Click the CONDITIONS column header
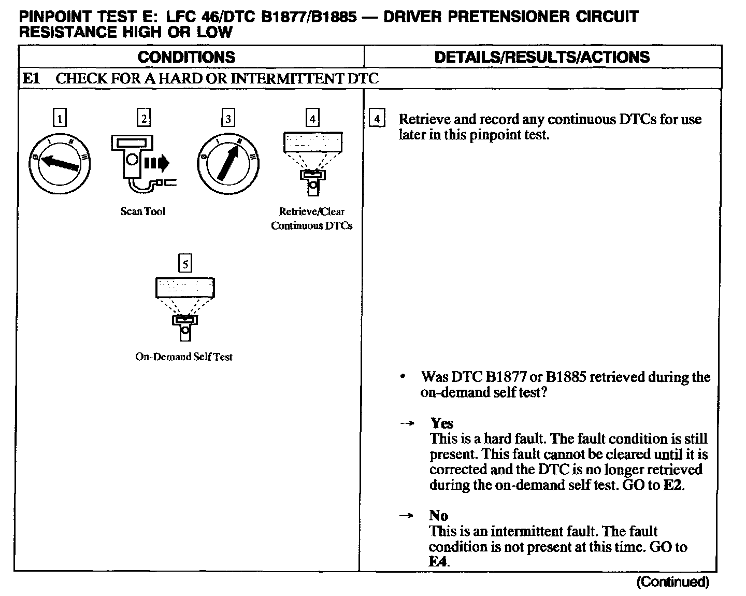tap(187, 57)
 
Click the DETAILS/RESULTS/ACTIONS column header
tap(542, 57)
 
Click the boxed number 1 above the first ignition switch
tap(60, 119)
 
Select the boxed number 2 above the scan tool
tap(144, 119)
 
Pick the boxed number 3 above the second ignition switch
tap(228, 119)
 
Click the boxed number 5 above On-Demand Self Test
tap(185, 264)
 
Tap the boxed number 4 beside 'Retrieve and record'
tap(377, 119)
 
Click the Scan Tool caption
tap(143, 211)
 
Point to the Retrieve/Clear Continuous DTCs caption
tap(311, 219)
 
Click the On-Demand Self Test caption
tap(184, 357)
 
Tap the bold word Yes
tap(441, 423)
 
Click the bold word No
tap(438, 516)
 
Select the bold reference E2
tap(673, 486)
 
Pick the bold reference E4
tap(438, 562)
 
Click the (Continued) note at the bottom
tap(672, 582)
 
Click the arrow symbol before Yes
tap(407, 423)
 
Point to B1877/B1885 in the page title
tap(309, 17)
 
